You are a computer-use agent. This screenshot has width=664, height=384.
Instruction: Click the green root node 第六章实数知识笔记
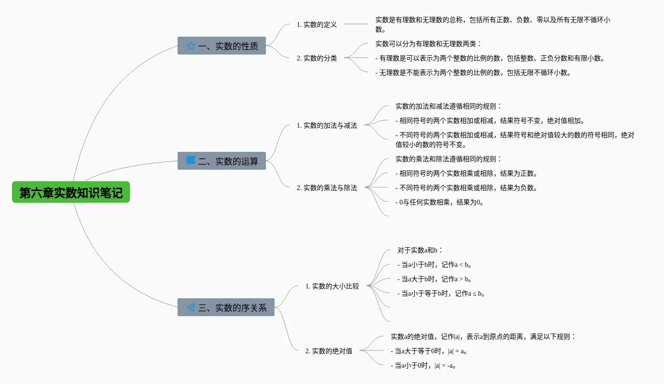[71, 192]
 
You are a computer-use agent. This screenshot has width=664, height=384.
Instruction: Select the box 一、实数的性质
[221, 46]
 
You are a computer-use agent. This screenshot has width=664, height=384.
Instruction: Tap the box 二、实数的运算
[221, 161]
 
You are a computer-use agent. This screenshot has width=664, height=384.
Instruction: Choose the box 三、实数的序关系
[226, 307]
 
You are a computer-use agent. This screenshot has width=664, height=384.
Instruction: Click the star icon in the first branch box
[191, 46]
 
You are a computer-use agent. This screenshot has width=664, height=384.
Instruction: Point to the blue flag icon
[191, 160]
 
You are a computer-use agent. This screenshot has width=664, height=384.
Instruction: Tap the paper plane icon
[191, 307]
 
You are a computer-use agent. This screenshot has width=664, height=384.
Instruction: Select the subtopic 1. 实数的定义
[316, 24]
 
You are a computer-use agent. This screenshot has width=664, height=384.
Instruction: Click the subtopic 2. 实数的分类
[316, 58]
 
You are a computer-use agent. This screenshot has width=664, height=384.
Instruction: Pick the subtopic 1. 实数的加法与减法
[326, 125]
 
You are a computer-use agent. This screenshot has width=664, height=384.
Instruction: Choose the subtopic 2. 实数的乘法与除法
[326, 188]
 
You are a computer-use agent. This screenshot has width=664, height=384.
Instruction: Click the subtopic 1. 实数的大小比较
[332, 286]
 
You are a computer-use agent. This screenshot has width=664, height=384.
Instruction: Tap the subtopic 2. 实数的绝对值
[328, 351]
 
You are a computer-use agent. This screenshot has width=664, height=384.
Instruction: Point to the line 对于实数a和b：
[420, 250]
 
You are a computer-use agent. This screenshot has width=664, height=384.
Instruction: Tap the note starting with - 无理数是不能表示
[473, 72]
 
